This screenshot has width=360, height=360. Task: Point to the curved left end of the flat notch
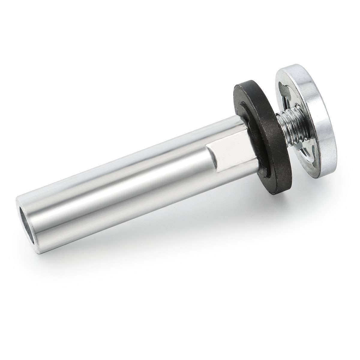click(x=210, y=150)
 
